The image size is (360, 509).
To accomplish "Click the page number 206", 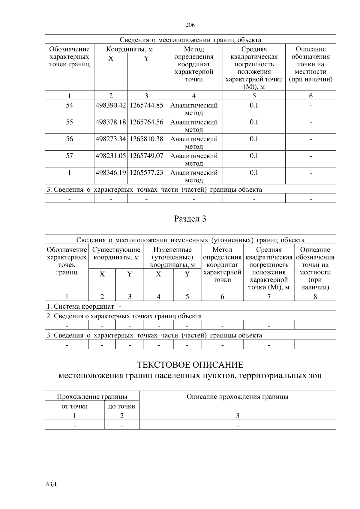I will tap(190, 25).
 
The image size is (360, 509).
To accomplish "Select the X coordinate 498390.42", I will tap(111, 106).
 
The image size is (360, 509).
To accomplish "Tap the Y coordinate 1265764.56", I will tap(146, 122).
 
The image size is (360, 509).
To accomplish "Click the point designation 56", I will tap(69, 139).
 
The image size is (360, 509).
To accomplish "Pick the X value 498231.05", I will tap(111, 156).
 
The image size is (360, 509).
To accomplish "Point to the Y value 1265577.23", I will tap(146, 173).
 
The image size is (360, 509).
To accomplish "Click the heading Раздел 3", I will tap(190, 219).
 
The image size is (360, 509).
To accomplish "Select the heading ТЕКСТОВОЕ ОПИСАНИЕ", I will tap(190, 365).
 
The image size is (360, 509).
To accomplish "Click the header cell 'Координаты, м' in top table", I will tap(130, 49).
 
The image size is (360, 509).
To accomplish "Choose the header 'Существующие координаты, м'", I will tap(116, 253).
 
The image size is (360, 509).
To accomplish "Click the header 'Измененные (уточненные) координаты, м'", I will tap(172, 257).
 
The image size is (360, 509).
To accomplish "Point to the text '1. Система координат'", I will tap(80, 307).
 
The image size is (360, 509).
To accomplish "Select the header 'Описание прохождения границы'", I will tap(237, 397).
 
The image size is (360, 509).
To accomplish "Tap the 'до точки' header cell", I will tap(121, 406).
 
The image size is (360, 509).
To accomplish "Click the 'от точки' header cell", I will tap(74, 406).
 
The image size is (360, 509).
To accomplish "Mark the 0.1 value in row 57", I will tap(254, 156).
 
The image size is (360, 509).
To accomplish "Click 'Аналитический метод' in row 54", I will tap(194, 109).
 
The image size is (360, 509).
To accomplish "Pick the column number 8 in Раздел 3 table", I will tap(315, 297).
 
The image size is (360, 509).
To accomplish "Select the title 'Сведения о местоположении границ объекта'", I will tap(190, 40).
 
